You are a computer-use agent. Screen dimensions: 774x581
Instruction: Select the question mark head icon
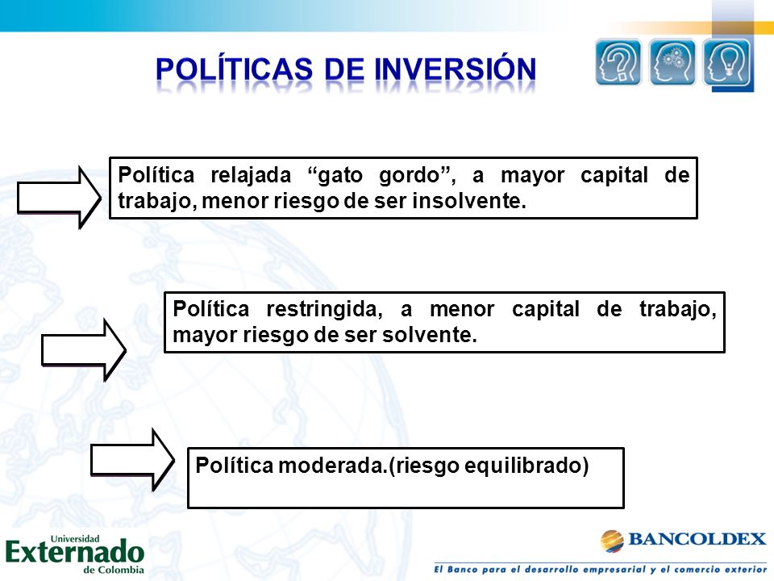pyautogui.click(x=618, y=62)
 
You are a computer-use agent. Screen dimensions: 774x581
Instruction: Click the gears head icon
pyautogui.click(x=672, y=62)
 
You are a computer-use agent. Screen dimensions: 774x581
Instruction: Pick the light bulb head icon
pyautogui.click(x=726, y=63)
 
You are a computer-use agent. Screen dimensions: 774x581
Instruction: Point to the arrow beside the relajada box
pyautogui.click(x=59, y=198)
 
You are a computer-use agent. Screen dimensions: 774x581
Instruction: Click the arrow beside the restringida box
pyautogui.click(x=84, y=350)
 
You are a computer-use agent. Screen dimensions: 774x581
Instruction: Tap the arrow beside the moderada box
pyautogui.click(x=133, y=461)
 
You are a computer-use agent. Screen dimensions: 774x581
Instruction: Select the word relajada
pyautogui.click(x=251, y=175)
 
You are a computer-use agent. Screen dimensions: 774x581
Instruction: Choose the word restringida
pyautogui.click(x=324, y=310)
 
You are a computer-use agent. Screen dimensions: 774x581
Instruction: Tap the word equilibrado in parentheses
pyautogui.click(x=526, y=466)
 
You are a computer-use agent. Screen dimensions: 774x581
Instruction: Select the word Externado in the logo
pyautogui.click(x=75, y=553)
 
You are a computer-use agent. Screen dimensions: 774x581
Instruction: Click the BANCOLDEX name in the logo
pyautogui.click(x=697, y=539)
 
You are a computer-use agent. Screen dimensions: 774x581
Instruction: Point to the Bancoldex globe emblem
pyautogui.click(x=612, y=541)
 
